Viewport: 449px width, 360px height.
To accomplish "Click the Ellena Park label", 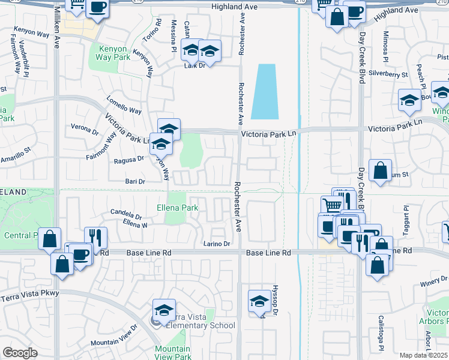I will tap(177, 208).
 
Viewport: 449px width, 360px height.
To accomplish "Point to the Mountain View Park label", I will tap(172, 353).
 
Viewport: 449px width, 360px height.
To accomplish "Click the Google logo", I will tap(19, 352).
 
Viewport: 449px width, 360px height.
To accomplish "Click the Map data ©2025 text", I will tap(424, 355).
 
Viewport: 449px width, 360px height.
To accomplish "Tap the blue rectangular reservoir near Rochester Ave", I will tap(264, 91).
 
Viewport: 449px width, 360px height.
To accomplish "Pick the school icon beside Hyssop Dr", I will tap(259, 302).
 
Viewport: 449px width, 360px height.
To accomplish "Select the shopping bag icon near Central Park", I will tap(50, 239).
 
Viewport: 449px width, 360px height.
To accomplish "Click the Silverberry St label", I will tap(388, 74).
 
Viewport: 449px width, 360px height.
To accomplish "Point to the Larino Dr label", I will tap(217, 244).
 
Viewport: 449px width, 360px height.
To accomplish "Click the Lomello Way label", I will tap(124, 104).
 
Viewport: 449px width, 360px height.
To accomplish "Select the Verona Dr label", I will tap(84, 128).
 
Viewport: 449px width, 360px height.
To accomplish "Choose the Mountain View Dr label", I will tap(114, 337).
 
